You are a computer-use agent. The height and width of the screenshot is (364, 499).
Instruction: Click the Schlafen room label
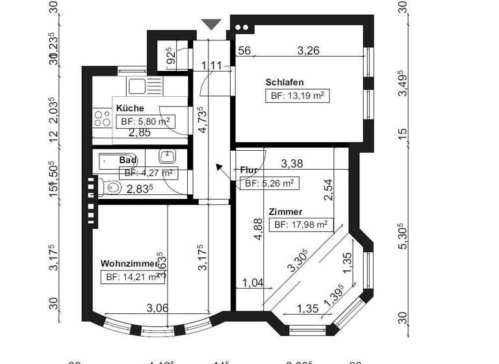click(x=285, y=83)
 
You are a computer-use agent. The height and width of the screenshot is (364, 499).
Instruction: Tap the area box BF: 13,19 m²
click(x=296, y=96)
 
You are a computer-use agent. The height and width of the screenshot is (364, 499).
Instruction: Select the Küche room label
click(x=130, y=109)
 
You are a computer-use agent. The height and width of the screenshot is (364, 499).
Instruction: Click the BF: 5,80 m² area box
click(x=145, y=122)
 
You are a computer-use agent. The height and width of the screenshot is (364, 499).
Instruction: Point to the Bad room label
click(x=127, y=159)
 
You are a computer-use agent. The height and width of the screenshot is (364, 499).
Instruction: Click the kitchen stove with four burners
click(x=103, y=118)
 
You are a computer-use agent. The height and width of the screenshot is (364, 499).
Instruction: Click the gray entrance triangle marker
click(x=211, y=24)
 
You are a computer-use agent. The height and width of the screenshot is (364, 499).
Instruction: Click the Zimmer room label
click(x=285, y=212)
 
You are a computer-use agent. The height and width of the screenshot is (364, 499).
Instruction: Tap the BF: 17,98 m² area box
click(x=301, y=225)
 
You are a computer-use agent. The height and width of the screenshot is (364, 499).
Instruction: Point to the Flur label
click(x=249, y=170)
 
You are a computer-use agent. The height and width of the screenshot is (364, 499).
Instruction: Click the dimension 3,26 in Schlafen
click(x=308, y=51)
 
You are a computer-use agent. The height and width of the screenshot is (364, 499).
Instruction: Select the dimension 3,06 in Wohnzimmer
click(x=157, y=307)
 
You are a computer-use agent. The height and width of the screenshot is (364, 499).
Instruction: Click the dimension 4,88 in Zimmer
click(x=258, y=231)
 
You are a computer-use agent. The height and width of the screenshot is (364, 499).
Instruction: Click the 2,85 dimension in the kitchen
click(x=140, y=133)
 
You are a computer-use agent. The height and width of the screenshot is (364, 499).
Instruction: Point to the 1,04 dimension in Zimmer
click(x=253, y=282)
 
